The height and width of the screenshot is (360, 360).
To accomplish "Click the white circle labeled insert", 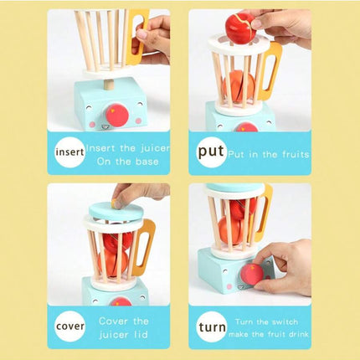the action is tap(69, 152).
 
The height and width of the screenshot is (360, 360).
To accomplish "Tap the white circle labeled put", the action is tap(212, 152).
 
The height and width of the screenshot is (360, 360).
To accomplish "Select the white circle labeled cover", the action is tap(69, 327).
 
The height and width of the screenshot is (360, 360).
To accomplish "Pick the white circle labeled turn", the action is tap(212, 327).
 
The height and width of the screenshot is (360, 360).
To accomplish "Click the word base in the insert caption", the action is tap(147, 162).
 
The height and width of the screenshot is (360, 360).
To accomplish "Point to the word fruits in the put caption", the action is tap(296, 154).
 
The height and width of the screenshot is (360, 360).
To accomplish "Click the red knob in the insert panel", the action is tap(117, 115).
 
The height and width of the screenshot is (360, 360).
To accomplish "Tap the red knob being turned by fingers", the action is tap(252, 275).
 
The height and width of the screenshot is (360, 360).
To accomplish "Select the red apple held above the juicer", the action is tap(240, 28).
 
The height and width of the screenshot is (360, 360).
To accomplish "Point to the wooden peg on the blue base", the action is tap(109, 85).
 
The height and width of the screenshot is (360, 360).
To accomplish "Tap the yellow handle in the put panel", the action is tap(270, 71).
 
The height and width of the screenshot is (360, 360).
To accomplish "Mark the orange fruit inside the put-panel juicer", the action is tap(238, 86).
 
